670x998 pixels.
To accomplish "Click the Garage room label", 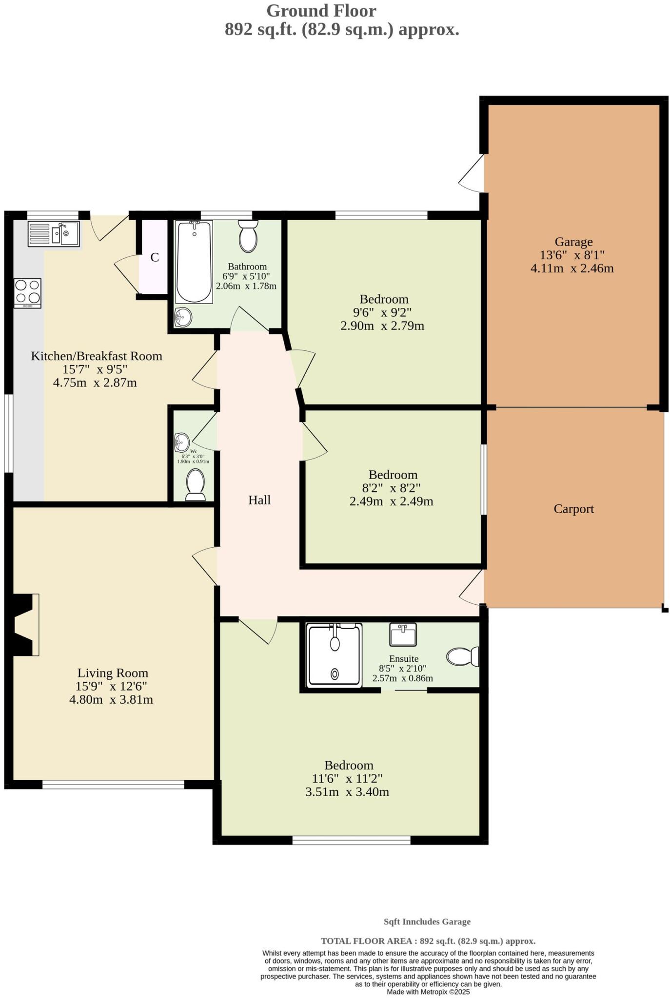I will [573, 242].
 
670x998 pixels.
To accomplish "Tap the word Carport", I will [573, 509].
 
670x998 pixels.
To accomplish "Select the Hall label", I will [259, 500].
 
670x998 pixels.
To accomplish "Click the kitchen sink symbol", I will [54, 234].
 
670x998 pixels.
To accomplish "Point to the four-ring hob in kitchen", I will [28, 292].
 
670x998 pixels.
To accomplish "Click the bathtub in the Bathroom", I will [194, 262].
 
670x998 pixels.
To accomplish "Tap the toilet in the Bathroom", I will [248, 236].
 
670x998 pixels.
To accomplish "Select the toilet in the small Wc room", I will [196, 485].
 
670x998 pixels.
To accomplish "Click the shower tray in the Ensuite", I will [335, 655].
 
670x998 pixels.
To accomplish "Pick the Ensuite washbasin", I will [403, 634].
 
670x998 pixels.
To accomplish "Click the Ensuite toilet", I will [463, 656].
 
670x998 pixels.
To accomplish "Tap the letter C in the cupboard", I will [155, 257].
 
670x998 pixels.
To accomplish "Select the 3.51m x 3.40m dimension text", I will [347, 792].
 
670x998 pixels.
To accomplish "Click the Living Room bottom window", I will [113, 784].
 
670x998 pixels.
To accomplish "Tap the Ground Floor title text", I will [321, 11].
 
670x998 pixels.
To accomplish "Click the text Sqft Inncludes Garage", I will [427, 921].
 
